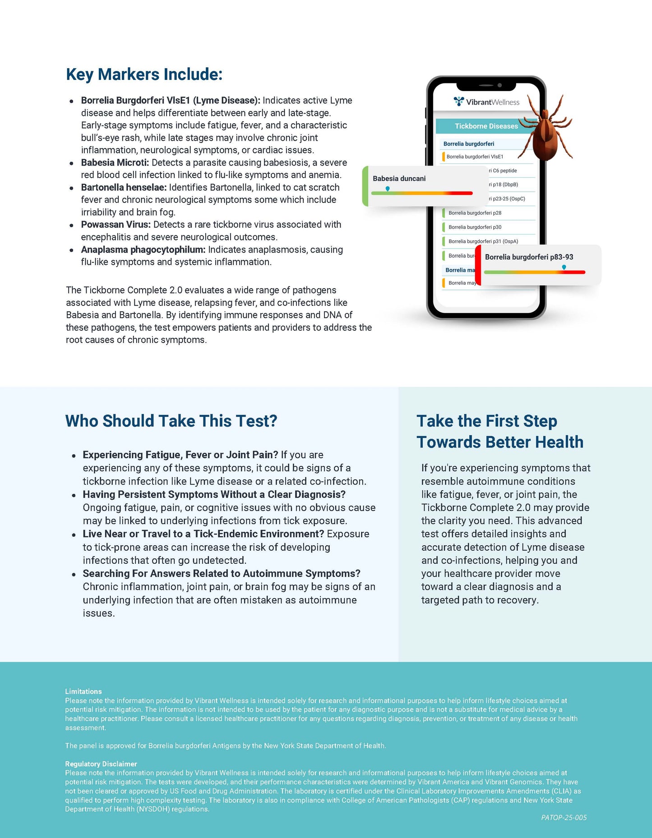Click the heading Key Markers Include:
tap(144, 74)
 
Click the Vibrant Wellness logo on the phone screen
tap(486, 102)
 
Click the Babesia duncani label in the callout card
tap(399, 179)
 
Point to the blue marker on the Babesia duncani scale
tap(388, 189)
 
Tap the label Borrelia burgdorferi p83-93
tap(529, 257)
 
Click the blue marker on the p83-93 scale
tap(564, 267)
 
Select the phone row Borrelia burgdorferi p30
tap(475, 227)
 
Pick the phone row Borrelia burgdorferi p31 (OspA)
tap(483, 241)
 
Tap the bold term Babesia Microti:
tap(115, 162)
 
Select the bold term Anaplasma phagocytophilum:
tap(143, 249)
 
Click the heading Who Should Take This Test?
tap(171, 421)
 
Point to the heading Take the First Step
tap(486, 421)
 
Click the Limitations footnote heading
tap(83, 691)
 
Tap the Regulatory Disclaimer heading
tap(101, 764)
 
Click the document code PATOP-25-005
tap(564, 817)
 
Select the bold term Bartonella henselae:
tap(124, 187)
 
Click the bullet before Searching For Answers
tap(74, 574)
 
